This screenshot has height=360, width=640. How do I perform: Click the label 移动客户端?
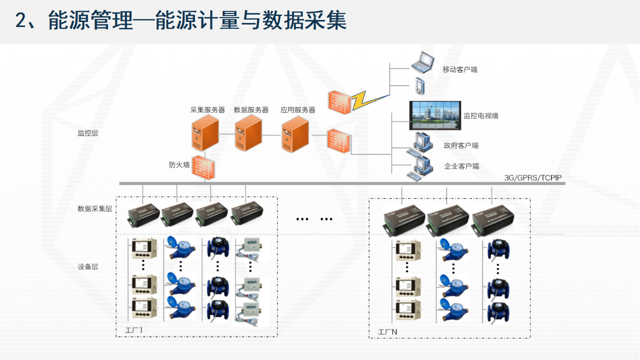(459, 69)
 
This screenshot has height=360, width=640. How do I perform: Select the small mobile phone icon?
(419, 85)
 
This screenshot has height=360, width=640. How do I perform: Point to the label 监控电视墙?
(480, 116)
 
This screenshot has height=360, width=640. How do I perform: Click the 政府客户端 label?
(461, 145)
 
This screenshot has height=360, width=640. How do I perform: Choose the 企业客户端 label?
(461, 166)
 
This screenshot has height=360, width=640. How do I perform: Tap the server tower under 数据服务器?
(248, 133)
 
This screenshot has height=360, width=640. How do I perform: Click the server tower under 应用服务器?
(294, 134)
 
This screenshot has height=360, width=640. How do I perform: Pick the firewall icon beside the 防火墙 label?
(204, 166)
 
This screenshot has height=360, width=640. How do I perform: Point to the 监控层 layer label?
(87, 133)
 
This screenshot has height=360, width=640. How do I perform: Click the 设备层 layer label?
(87, 266)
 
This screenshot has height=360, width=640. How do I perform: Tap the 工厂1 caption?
(133, 330)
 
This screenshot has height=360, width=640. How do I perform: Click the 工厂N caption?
(387, 331)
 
